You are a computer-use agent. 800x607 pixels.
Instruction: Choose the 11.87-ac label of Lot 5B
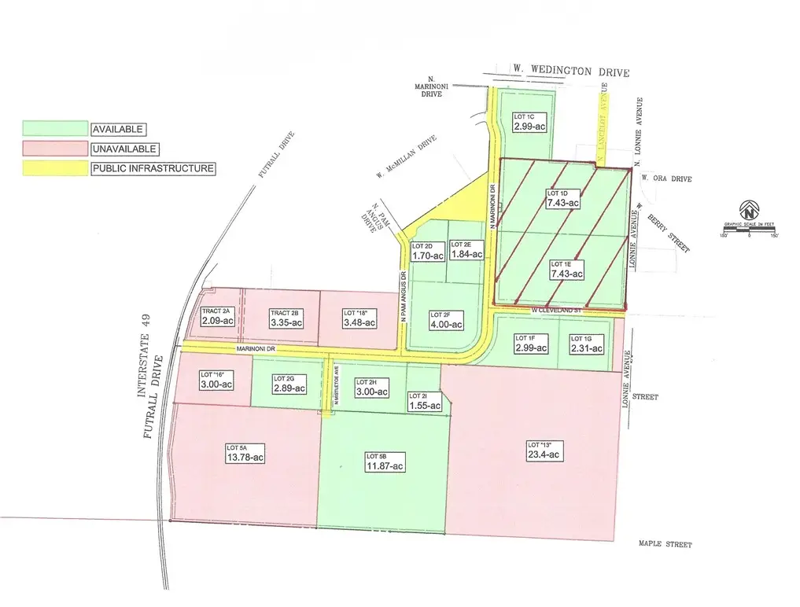point(385,462)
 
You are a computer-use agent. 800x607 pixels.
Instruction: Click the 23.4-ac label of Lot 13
point(544,450)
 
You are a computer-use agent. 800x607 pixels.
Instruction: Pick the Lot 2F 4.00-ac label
point(446,319)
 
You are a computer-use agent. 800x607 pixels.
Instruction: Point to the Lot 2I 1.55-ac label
point(425,401)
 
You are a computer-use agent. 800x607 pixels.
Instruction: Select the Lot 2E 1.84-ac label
point(466,250)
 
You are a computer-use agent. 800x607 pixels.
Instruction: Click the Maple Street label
point(665,545)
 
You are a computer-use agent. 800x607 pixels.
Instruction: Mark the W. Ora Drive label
point(665,178)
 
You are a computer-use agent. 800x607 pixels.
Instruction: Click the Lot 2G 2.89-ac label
point(289,384)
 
